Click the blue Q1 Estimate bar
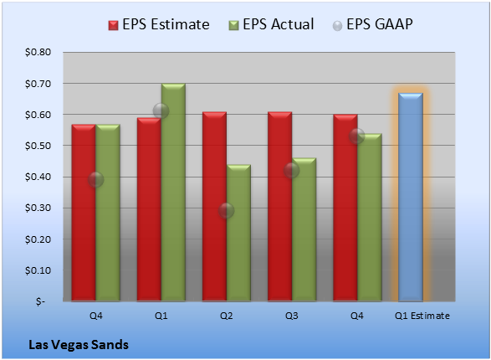[411, 197]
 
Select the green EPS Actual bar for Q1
[173, 193]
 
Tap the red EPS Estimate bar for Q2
[214, 207]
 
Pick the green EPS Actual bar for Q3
[304, 229]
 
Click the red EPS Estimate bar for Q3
[279, 207]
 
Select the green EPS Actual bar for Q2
[238, 233]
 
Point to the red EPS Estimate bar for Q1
[149, 209]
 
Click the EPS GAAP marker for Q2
[227, 210]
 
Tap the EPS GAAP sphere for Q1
[161, 111]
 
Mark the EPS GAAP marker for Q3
[292, 171]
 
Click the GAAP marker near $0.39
[96, 179]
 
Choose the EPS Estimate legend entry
[159, 24]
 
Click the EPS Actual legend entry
[271, 24]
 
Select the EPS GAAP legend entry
[372, 24]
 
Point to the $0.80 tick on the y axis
[38, 52]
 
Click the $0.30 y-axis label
[38, 208]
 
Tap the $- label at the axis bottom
[40, 301]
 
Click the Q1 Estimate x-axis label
[422, 316]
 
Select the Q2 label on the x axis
[227, 316]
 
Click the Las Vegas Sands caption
[79, 345]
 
